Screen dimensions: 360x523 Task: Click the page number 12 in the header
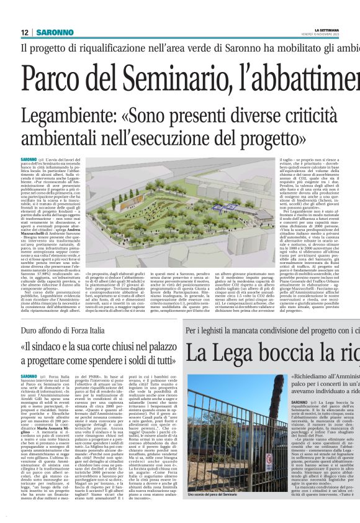click(x=25, y=32)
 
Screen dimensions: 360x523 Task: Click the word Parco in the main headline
click(x=47, y=82)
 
